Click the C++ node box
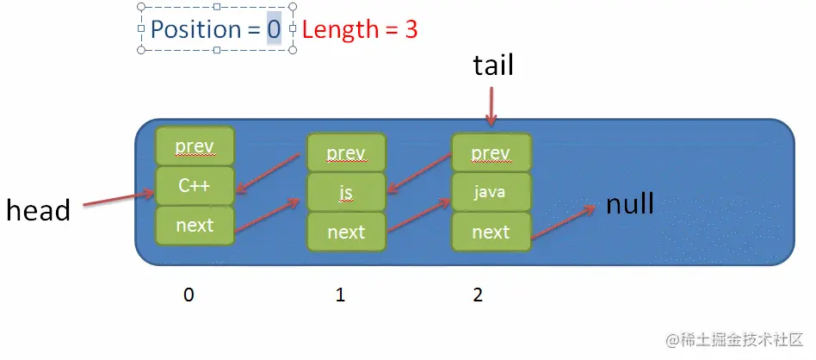pos(195,186)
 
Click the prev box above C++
pos(195,146)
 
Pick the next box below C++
pos(195,225)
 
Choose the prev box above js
pos(346,153)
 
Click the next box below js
pos(346,232)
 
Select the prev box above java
pos(491,153)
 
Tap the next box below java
pos(491,232)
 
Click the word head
pos(38,210)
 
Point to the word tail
pos(493,65)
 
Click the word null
pos(630,204)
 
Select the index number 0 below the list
pos(189,295)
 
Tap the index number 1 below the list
pos(340,295)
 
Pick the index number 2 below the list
pos(478,295)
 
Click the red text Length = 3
pos(360,29)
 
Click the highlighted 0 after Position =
pos(274,30)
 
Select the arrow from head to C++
pos(119,200)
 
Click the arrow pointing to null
pos(564,222)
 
